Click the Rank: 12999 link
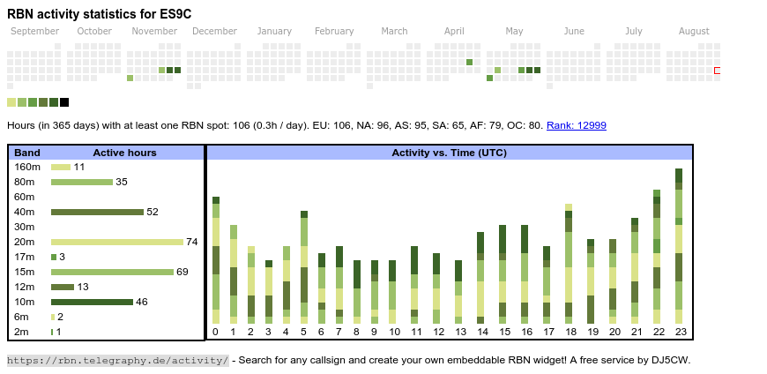[576, 126]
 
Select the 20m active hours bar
[117, 242]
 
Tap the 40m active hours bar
[97, 212]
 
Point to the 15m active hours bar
[112, 272]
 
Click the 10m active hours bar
[92, 302]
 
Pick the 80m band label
[26, 182]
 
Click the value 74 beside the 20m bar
[191, 242]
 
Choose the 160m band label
[27, 167]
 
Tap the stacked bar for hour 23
[679, 246]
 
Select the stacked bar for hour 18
[569, 264]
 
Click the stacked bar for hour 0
[216, 260]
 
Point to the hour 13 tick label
[458, 332]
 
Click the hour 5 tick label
[304, 332]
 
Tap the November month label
[154, 32]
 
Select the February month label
[334, 32]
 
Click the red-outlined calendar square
[718, 70]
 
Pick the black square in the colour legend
[64, 102]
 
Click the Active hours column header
[124, 153]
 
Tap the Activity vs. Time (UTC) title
[449, 153]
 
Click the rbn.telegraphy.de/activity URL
[117, 360]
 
